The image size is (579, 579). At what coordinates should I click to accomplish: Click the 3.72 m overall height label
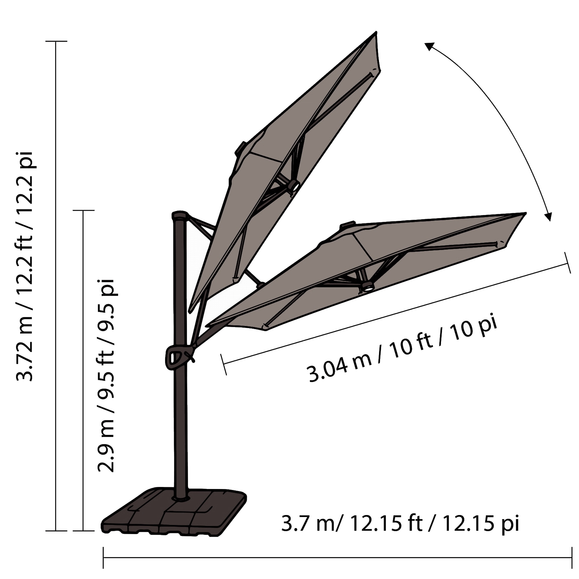click(x=25, y=265)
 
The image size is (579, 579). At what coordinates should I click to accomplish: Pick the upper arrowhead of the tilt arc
click(x=429, y=46)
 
